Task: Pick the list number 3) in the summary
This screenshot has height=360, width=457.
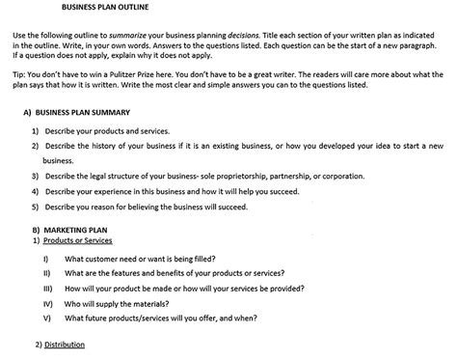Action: point(36,177)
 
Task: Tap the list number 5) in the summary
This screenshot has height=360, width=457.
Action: point(36,207)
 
